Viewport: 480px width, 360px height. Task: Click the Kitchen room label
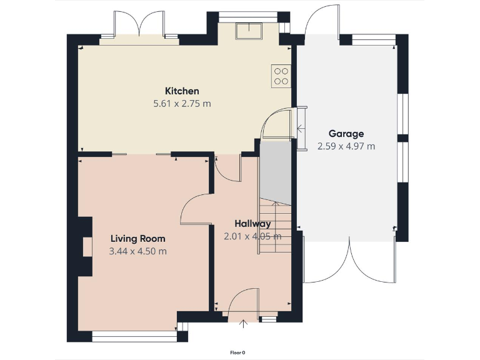pyautogui.click(x=182, y=91)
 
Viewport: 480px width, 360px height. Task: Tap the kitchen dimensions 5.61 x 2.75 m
pyautogui.click(x=182, y=104)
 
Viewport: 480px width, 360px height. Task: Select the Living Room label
pyautogui.click(x=137, y=239)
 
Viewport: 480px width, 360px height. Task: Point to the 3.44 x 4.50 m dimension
pyautogui.click(x=137, y=251)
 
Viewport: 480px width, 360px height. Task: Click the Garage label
pyautogui.click(x=346, y=134)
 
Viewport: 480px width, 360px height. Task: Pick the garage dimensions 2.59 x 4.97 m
pyautogui.click(x=346, y=146)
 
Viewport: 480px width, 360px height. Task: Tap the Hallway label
pyautogui.click(x=252, y=224)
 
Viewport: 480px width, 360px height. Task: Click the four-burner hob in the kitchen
pyautogui.click(x=281, y=75)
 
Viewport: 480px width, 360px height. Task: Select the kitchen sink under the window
pyautogui.click(x=248, y=31)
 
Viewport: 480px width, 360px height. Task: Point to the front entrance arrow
pyautogui.click(x=243, y=322)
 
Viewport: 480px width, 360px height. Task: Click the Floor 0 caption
pyautogui.click(x=237, y=352)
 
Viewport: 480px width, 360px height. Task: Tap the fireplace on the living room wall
pyautogui.click(x=86, y=246)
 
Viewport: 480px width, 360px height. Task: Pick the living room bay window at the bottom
pyautogui.click(x=134, y=337)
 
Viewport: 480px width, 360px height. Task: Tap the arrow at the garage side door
pyautogui.click(x=301, y=129)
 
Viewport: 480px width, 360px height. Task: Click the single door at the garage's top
pyautogui.click(x=322, y=22)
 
